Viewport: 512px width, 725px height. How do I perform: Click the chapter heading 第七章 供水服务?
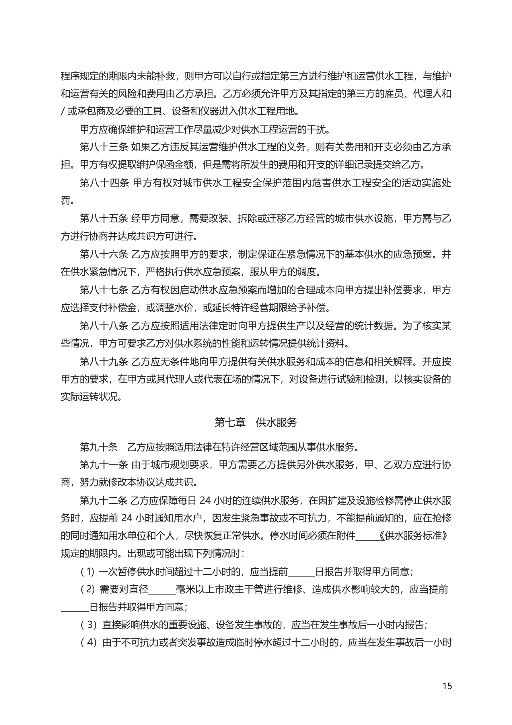[256, 422]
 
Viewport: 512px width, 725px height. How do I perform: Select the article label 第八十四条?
[104, 183]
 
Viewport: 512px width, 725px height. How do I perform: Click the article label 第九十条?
[98, 447]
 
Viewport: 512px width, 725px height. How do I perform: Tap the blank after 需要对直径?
[162, 589]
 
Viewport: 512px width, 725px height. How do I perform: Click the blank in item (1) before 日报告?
[301, 571]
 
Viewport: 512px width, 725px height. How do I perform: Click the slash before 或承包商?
[63, 111]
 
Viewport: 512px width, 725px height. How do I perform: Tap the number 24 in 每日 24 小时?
[205, 500]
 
